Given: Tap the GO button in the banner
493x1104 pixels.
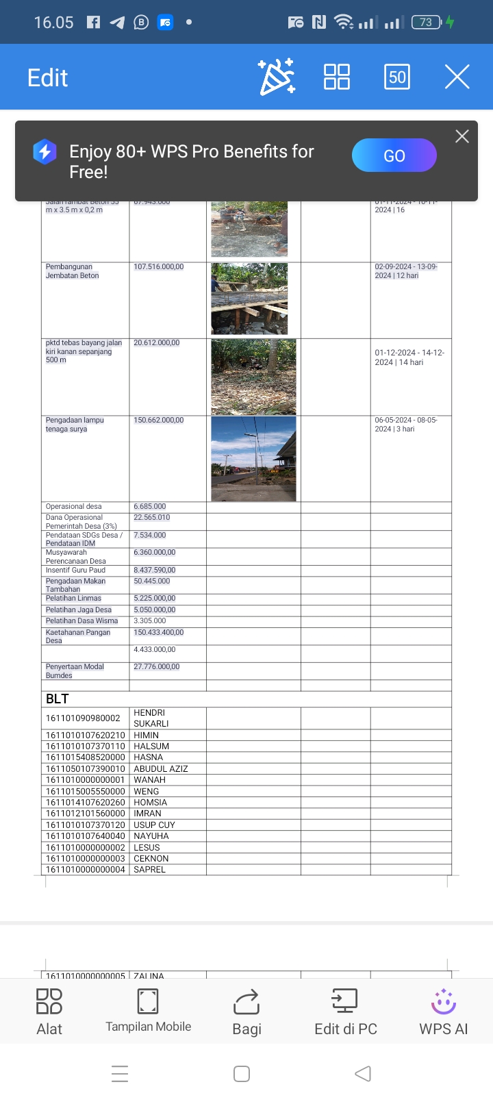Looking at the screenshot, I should point(394,155).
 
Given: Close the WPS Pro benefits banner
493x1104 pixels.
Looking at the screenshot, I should point(462,136).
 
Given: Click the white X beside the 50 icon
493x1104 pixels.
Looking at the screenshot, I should point(457,77).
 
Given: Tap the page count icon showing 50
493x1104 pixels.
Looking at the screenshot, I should point(397,77).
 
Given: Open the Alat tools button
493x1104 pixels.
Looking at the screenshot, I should point(49,1012).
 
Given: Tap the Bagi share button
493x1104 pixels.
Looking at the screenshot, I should point(246,1012).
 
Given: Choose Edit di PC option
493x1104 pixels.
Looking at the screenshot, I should point(345,1012).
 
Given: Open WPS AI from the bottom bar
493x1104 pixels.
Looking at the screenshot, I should point(443,1012).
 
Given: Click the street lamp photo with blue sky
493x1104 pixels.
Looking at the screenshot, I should point(253,458).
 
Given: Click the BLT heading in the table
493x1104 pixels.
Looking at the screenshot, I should point(58,699).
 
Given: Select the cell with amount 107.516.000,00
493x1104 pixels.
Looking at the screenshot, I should point(159,267).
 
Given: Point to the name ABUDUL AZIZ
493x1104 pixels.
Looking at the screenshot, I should point(161,768).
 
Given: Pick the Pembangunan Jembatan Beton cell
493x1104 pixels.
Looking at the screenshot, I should point(73,271).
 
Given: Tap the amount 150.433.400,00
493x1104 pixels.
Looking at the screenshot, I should point(159,632).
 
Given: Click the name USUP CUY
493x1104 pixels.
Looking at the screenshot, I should point(155,825).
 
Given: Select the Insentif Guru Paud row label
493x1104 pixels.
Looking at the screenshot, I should point(76,570).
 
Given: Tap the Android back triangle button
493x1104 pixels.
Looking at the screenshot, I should point(363,1073).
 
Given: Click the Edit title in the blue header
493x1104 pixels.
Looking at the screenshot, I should point(47,78).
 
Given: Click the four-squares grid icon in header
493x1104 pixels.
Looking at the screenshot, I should point(336,77).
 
